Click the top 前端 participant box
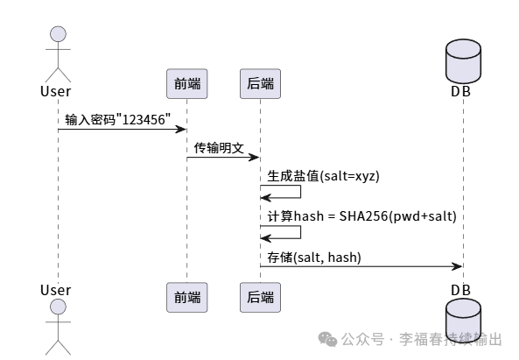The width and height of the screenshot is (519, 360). click(x=186, y=84)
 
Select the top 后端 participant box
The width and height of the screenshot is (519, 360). click(x=260, y=84)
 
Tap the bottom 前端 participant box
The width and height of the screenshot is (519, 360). click(x=186, y=297)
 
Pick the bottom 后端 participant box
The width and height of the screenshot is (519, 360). click(x=260, y=297)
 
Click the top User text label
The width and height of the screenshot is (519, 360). click(x=56, y=90)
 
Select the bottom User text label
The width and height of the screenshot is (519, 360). click(x=56, y=290)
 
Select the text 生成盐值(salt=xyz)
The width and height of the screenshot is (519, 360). click(x=323, y=175)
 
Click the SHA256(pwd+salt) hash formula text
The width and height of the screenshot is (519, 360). click(x=383, y=215)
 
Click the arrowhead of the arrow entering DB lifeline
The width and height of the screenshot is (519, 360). click(x=457, y=265)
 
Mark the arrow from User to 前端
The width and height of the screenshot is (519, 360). click(x=122, y=130)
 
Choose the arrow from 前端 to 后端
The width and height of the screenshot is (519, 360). click(x=222, y=158)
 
